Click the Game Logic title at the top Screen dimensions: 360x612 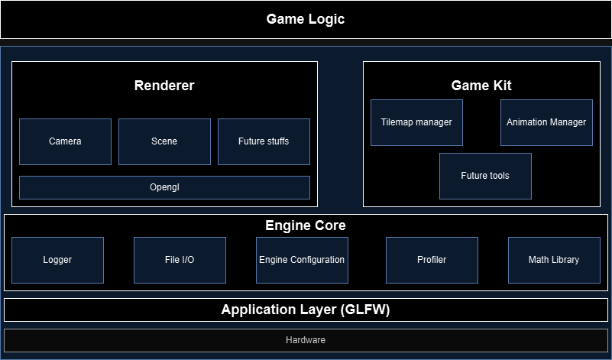tap(306, 19)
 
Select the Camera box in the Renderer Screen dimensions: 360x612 tap(65, 141)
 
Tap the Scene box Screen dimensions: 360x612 tap(164, 141)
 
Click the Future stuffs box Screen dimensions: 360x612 tap(264, 141)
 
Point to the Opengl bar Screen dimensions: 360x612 tap(164, 187)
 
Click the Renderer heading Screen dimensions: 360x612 tap(164, 86)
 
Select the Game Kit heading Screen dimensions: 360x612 tap(481, 86)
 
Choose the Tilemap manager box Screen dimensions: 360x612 tap(416, 122)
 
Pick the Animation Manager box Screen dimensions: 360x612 tap(546, 122)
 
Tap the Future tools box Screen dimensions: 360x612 tap(485, 176)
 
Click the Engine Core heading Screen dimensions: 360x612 tap(306, 225)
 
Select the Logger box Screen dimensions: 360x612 tap(57, 260)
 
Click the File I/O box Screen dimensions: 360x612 tap(180, 260)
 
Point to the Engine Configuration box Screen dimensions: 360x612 tap(302, 260)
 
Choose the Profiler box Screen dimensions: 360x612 tap(432, 260)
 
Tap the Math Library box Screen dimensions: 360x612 tap(554, 260)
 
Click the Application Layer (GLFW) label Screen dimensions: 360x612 tap(306, 310)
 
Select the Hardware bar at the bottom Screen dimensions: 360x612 tap(306, 340)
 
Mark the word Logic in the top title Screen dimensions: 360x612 tap(326, 19)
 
